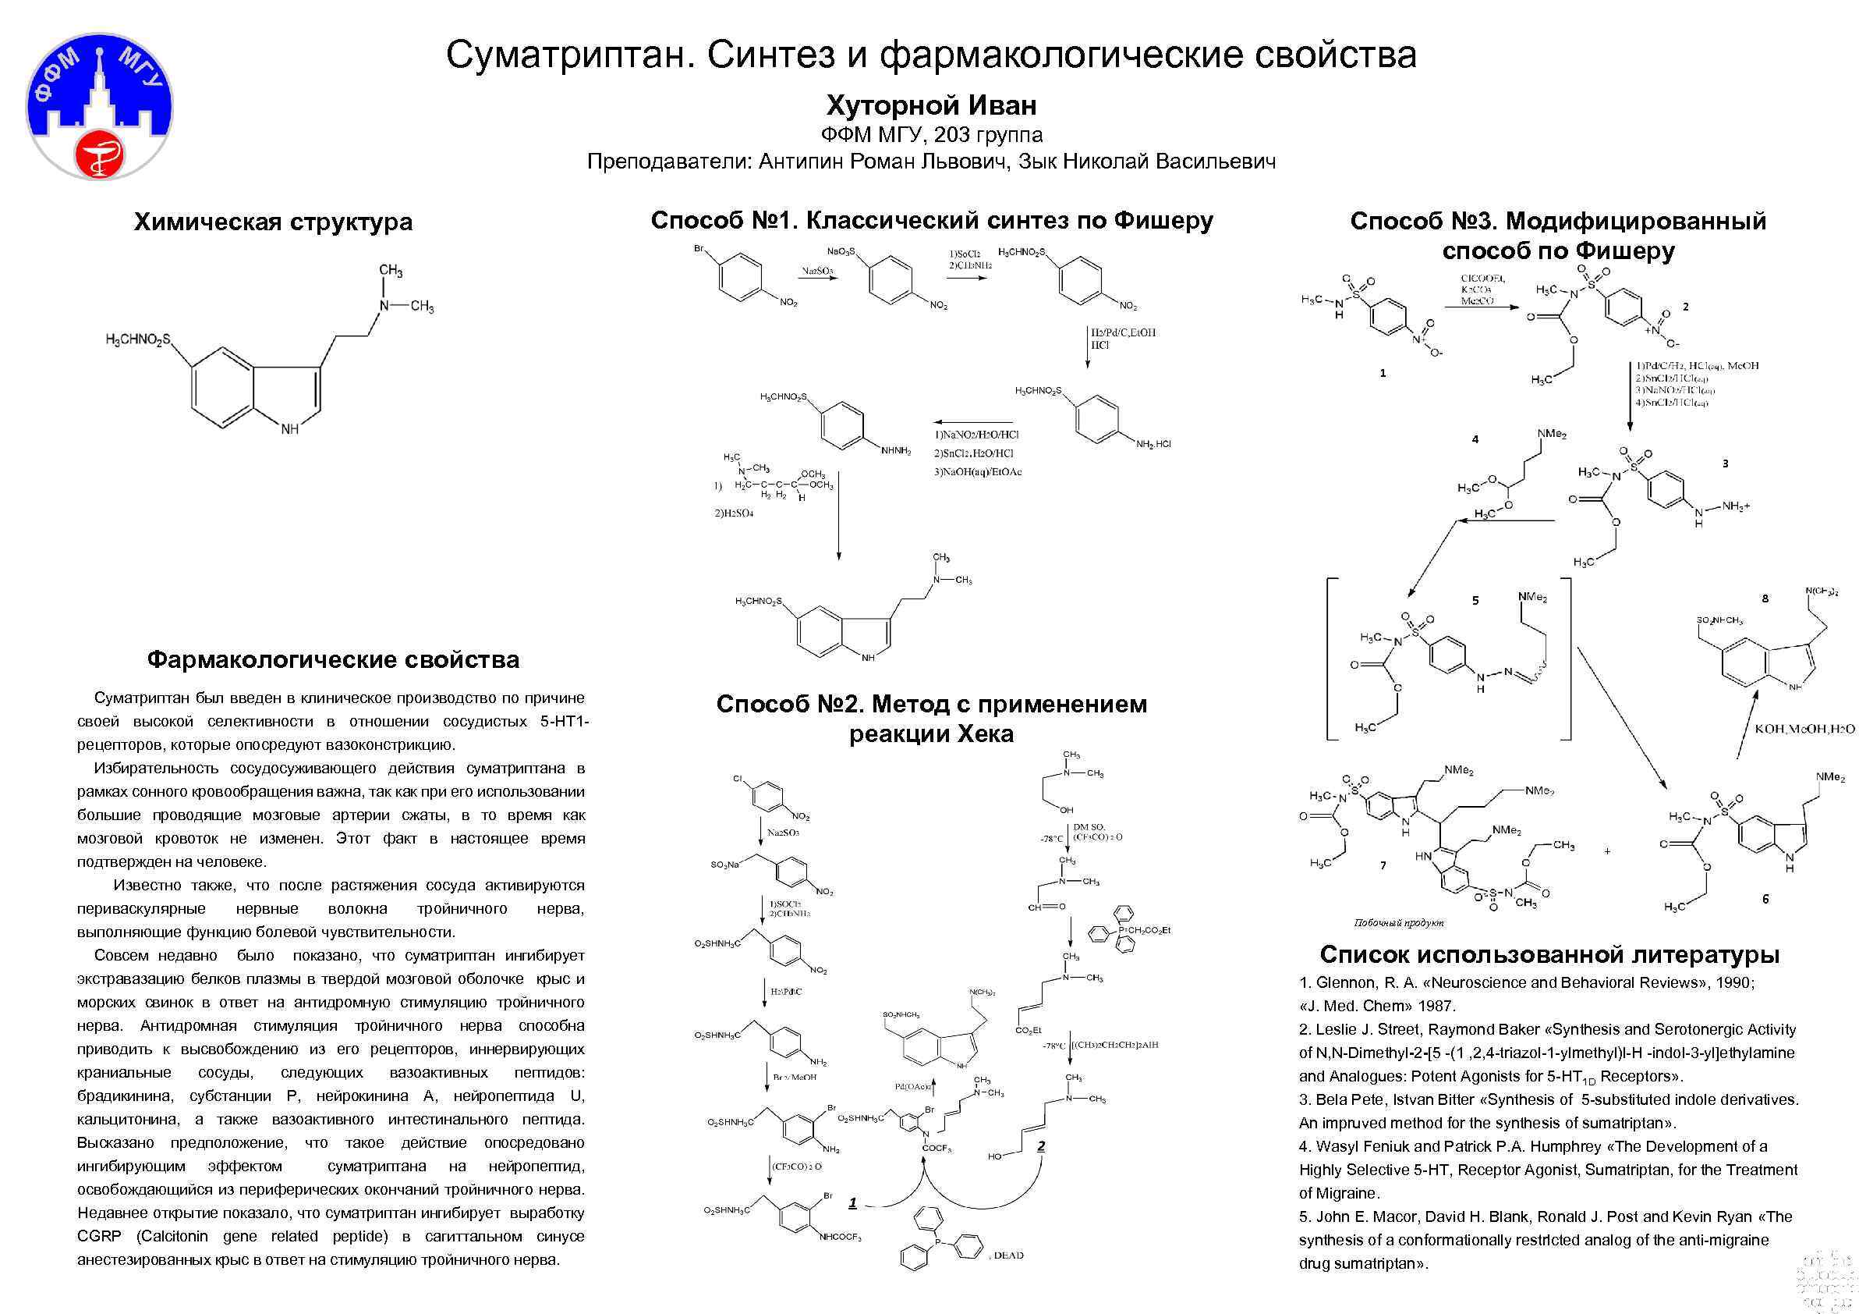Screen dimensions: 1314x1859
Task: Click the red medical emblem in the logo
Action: click(98, 152)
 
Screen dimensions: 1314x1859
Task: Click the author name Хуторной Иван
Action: click(931, 105)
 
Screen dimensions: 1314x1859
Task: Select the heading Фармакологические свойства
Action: click(333, 659)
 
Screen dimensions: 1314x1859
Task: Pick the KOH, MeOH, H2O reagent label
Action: click(1804, 729)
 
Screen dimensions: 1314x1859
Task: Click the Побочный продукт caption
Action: click(1399, 923)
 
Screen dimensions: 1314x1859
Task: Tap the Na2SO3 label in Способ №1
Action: click(817, 271)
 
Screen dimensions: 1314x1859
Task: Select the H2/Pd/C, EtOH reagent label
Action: click(1123, 332)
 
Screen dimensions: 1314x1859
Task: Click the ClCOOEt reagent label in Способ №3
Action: click(1482, 279)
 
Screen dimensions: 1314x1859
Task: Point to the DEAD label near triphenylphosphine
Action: click(1009, 1255)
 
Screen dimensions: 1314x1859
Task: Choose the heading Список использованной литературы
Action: click(1549, 954)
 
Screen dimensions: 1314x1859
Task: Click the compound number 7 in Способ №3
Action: click(1383, 865)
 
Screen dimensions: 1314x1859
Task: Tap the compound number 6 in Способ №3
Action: click(1765, 898)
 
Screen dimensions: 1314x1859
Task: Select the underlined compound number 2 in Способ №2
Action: click(1041, 1145)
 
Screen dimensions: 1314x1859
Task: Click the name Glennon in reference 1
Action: click(1346, 982)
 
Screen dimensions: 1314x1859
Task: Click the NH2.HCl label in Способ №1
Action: click(1154, 444)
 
